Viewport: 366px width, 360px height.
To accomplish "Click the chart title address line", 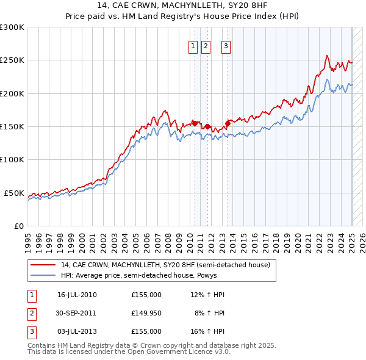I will (x=182, y=5).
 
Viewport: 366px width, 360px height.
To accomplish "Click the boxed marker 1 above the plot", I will (x=193, y=45).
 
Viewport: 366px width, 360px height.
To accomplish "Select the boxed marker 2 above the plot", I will (x=205, y=45).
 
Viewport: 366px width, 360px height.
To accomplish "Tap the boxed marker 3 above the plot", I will (x=226, y=45).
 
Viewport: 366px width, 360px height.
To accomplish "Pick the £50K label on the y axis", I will (x=14, y=193).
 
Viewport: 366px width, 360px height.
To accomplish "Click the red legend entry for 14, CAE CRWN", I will (x=165, y=265).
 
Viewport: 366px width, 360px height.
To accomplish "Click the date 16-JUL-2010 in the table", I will (x=77, y=295).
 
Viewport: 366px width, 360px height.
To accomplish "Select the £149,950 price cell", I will (x=146, y=312).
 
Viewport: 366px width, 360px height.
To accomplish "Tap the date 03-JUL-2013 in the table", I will (x=77, y=331).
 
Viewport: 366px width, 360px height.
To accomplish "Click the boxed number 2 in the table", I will (x=30, y=313).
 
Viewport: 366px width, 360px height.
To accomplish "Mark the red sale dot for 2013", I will (x=227, y=123).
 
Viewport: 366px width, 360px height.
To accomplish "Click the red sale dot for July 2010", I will (x=195, y=123).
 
